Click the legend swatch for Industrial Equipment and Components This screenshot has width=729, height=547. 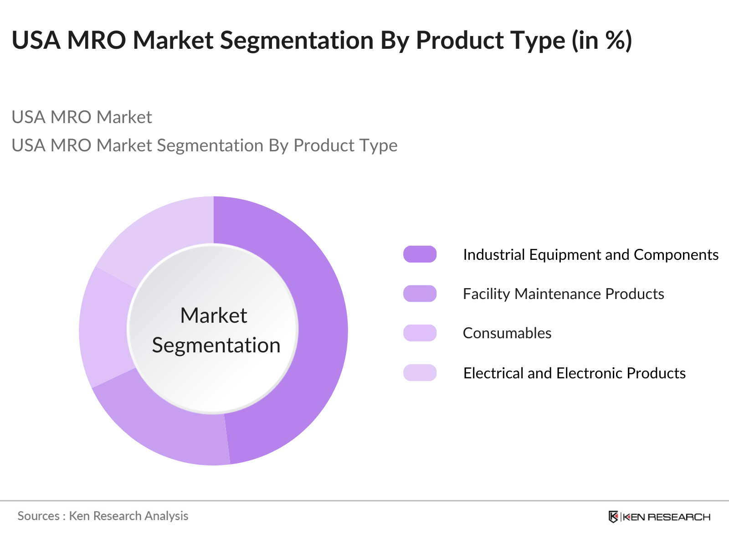(420, 254)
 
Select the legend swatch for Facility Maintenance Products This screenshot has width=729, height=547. (420, 294)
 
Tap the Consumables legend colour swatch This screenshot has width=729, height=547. (420, 333)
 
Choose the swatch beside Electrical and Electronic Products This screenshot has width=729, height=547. (420, 373)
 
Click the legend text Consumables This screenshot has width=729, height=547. (507, 333)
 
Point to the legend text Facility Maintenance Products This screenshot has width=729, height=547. (563, 294)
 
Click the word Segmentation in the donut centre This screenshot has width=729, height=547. (216, 346)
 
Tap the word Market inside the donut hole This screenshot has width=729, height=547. (213, 315)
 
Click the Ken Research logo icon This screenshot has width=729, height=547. (613, 516)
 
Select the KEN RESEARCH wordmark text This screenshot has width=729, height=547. (666, 517)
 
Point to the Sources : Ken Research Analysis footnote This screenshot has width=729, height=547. (103, 516)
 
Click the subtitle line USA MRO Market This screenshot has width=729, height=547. (82, 117)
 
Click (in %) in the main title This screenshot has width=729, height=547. (602, 40)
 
